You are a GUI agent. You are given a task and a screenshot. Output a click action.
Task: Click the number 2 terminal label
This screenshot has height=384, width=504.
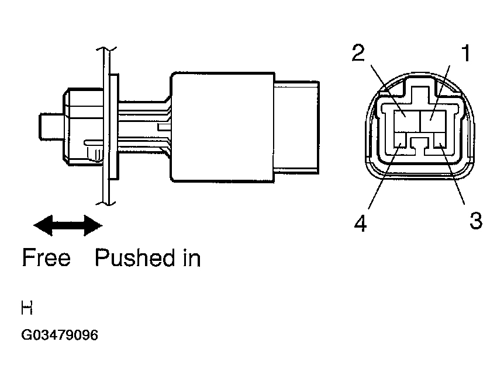[358, 53]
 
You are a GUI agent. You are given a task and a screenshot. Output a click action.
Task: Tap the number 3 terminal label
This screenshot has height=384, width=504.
[476, 221]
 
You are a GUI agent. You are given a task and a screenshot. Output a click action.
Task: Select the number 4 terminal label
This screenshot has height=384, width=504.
[360, 224]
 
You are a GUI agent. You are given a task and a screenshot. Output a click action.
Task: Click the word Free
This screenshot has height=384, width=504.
[46, 257]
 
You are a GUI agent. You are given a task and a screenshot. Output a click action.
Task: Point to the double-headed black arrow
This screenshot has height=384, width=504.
[68, 225]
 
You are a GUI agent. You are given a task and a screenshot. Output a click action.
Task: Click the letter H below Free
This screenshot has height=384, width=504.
[27, 308]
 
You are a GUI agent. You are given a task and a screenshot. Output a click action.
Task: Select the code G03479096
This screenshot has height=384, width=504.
[60, 335]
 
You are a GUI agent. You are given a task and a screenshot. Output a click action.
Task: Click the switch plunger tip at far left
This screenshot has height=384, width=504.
[51, 126]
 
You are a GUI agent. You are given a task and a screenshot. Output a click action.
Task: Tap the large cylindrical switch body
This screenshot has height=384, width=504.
[222, 127]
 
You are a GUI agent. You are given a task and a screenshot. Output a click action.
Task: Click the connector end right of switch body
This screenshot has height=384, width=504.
[297, 127]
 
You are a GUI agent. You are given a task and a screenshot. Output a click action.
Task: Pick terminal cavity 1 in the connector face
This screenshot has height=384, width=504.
[433, 121]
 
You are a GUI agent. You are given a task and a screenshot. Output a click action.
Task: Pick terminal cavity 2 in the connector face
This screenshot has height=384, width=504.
[408, 121]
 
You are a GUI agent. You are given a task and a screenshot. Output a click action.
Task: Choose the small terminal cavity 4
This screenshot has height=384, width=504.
[401, 141]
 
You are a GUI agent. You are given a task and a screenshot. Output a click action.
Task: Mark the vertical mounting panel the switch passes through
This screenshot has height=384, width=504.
[106, 125]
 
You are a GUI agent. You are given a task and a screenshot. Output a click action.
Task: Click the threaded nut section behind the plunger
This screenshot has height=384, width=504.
[83, 126]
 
